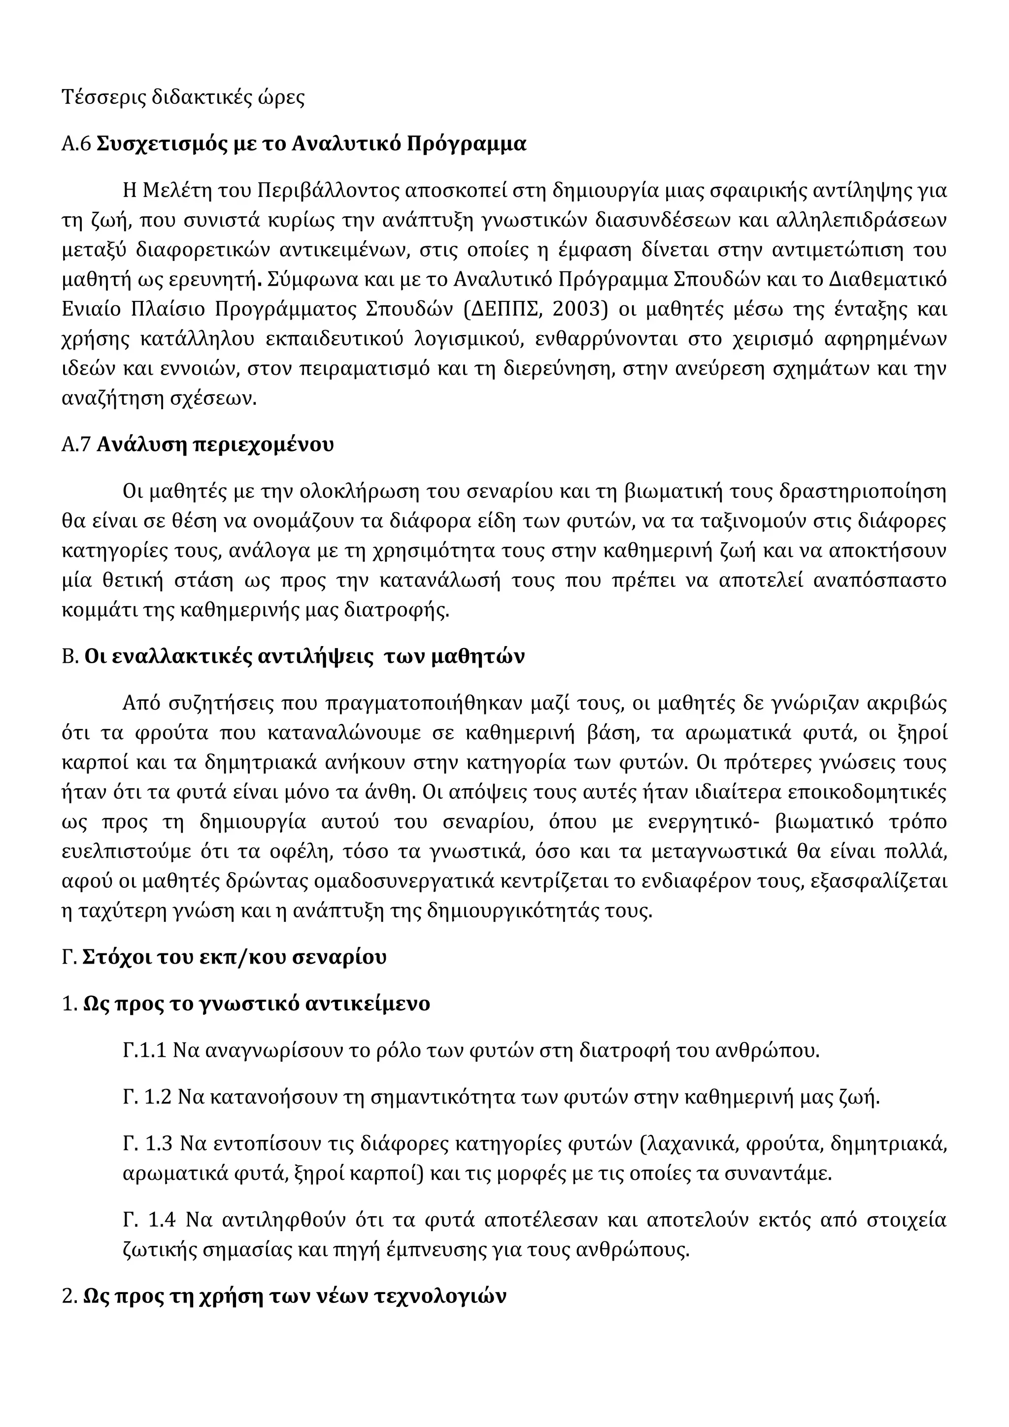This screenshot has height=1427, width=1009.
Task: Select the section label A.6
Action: pos(76,144)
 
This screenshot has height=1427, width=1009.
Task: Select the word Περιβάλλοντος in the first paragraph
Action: pos(328,190)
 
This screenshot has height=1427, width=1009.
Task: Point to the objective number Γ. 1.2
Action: pos(147,1097)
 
